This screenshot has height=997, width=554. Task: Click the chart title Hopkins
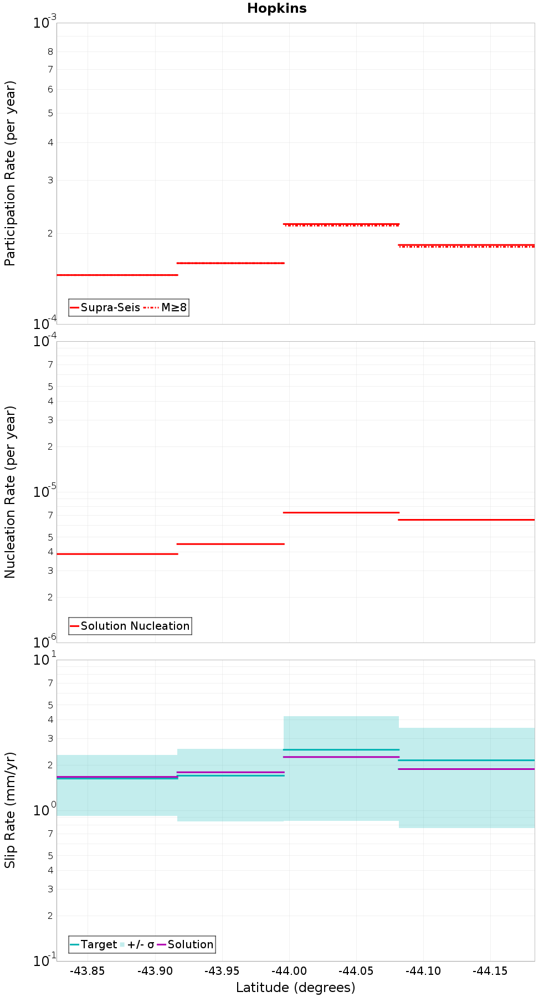coord(276,8)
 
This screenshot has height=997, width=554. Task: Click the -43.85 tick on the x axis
coord(88,971)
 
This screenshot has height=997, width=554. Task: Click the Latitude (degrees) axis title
coord(295,988)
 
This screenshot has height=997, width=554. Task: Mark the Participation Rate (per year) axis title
coord(10,173)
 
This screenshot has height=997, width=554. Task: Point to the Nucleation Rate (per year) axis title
coord(10,492)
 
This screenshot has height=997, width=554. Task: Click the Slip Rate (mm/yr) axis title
coord(10,810)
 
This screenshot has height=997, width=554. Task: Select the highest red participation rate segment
coord(341,224)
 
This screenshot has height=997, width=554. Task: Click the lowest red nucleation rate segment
coord(117,554)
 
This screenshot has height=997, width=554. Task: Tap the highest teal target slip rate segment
coord(341,749)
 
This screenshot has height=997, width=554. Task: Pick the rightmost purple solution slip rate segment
coord(466,769)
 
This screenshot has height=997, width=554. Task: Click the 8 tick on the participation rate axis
coord(50,52)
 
